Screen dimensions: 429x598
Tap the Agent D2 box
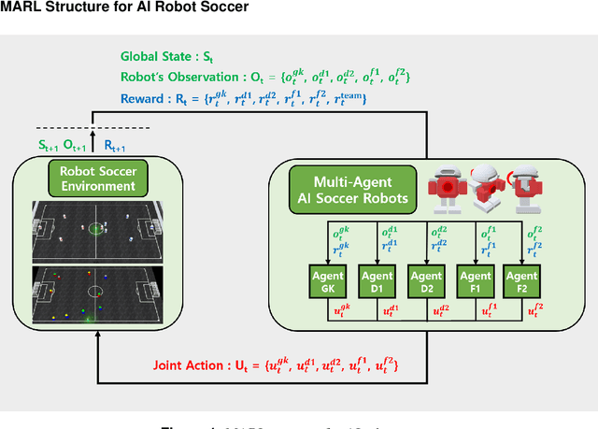[426, 282]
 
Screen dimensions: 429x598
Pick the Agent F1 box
[475, 282]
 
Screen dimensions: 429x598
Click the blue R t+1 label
[114, 146]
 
